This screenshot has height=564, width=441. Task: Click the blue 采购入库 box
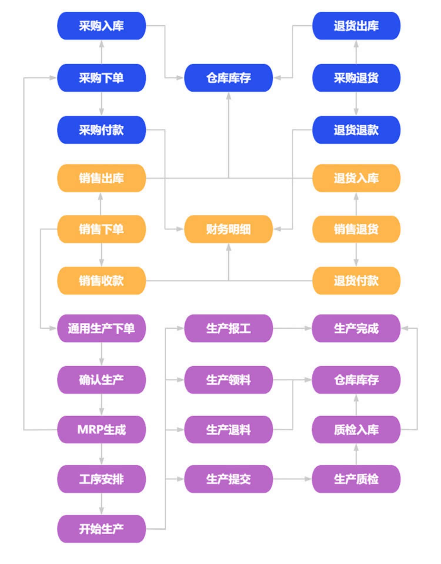101,26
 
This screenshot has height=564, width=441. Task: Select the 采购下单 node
101,78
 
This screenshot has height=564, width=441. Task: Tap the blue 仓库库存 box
228,78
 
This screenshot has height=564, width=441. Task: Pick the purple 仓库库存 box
356,380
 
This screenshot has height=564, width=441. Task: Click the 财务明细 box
228,229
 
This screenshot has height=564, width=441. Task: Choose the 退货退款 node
356,130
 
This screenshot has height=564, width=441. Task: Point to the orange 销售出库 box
101,178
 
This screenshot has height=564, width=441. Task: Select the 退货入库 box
356,178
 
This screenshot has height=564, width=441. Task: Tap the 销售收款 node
101,281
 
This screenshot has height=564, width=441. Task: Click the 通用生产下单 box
101,328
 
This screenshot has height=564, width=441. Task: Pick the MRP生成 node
101,429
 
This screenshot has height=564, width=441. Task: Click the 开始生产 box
101,529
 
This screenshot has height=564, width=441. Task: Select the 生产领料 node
228,380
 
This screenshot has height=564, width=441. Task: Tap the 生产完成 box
356,328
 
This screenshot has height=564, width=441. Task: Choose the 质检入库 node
356,429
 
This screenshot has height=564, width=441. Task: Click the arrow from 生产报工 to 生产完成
292,328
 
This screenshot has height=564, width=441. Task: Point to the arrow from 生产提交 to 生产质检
292,479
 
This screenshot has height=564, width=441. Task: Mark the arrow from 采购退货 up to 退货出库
356,52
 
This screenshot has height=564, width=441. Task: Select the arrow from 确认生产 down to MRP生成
101,404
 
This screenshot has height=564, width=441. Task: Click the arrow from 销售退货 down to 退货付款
356,255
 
